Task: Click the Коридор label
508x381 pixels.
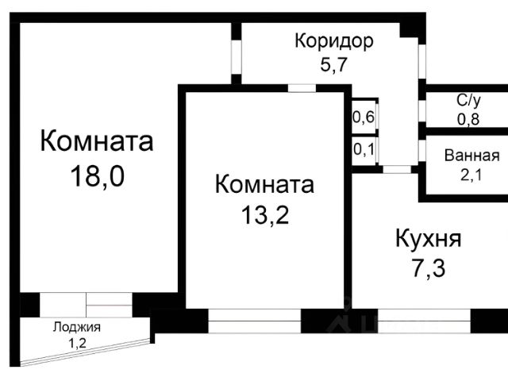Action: click(x=334, y=42)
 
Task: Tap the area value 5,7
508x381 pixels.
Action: click(x=333, y=64)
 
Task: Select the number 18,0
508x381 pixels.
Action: click(x=97, y=176)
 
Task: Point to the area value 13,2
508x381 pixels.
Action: click(x=265, y=215)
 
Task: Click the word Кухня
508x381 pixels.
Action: click(x=429, y=239)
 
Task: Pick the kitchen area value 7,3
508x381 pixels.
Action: click(x=429, y=269)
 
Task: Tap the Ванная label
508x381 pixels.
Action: click(x=471, y=156)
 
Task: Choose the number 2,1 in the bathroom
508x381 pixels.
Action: click(x=471, y=175)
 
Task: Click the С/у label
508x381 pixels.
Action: click(x=468, y=101)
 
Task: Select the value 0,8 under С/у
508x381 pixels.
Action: click(x=468, y=120)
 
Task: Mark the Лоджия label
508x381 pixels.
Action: click(x=77, y=327)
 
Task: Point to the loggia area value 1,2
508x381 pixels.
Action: click(x=77, y=343)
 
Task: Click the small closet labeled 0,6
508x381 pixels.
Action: click(x=364, y=117)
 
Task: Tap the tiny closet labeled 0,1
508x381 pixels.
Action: click(x=364, y=150)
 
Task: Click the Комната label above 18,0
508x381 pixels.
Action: click(x=97, y=141)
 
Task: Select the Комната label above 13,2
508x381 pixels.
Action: click(x=264, y=184)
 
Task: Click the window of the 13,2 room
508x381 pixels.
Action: click(x=255, y=321)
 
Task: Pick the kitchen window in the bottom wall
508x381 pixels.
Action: click(x=424, y=321)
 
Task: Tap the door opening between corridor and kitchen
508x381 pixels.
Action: click(x=397, y=169)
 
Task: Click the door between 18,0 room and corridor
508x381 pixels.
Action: click(x=237, y=57)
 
